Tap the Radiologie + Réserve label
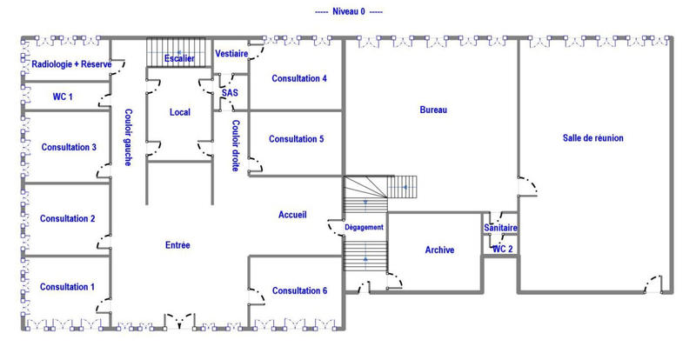71,64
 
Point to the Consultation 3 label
69,147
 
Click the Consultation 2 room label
68,218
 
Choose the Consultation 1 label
68,287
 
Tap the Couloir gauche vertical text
128,137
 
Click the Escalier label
179,58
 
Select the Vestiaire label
231,54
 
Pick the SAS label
230,92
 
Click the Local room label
180,112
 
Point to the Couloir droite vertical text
235,145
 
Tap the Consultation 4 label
299,78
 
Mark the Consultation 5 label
296,139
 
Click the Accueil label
292,215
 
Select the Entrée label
177,245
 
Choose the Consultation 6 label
300,290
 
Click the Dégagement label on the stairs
365,227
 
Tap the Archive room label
439,250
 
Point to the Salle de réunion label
593,138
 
